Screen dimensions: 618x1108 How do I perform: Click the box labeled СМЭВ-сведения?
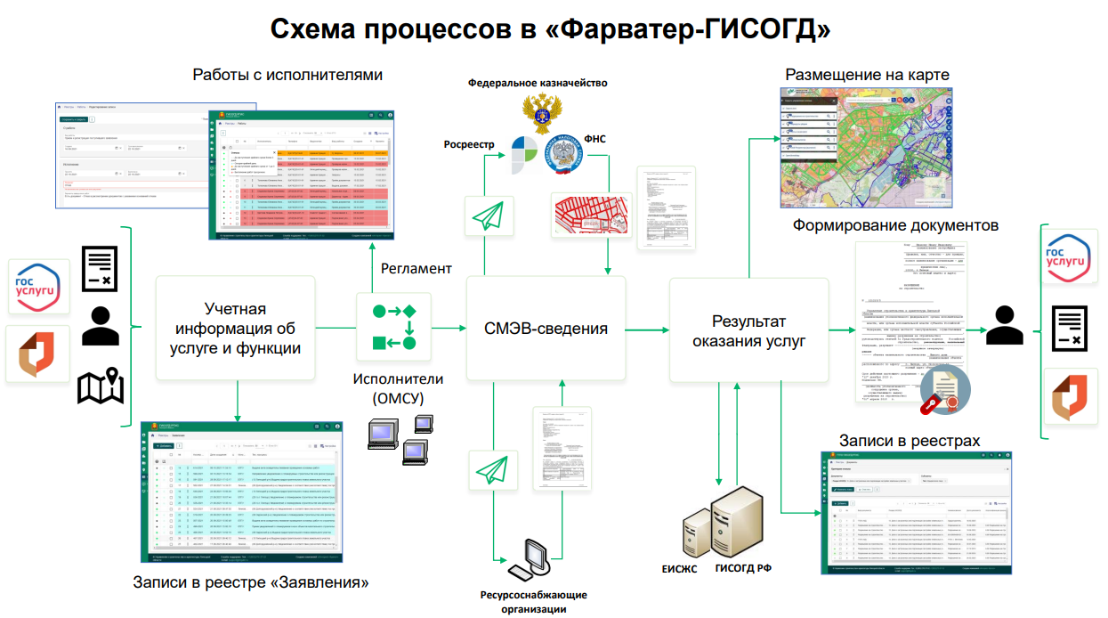546,329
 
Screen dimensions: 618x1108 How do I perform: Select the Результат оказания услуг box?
748,330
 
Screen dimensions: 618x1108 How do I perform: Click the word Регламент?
417,268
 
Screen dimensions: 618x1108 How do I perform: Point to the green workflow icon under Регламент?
393,327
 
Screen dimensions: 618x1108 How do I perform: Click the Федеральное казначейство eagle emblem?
538,112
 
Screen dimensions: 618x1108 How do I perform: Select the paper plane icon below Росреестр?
487,216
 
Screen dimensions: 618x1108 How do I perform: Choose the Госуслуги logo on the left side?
38,285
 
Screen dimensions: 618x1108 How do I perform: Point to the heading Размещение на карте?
867,74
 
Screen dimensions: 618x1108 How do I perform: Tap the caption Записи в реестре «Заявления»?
250,584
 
